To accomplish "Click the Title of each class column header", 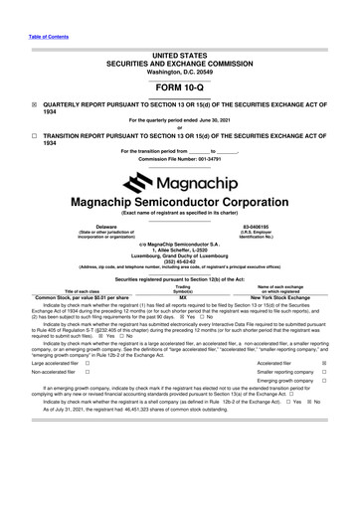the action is [x=88, y=290].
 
